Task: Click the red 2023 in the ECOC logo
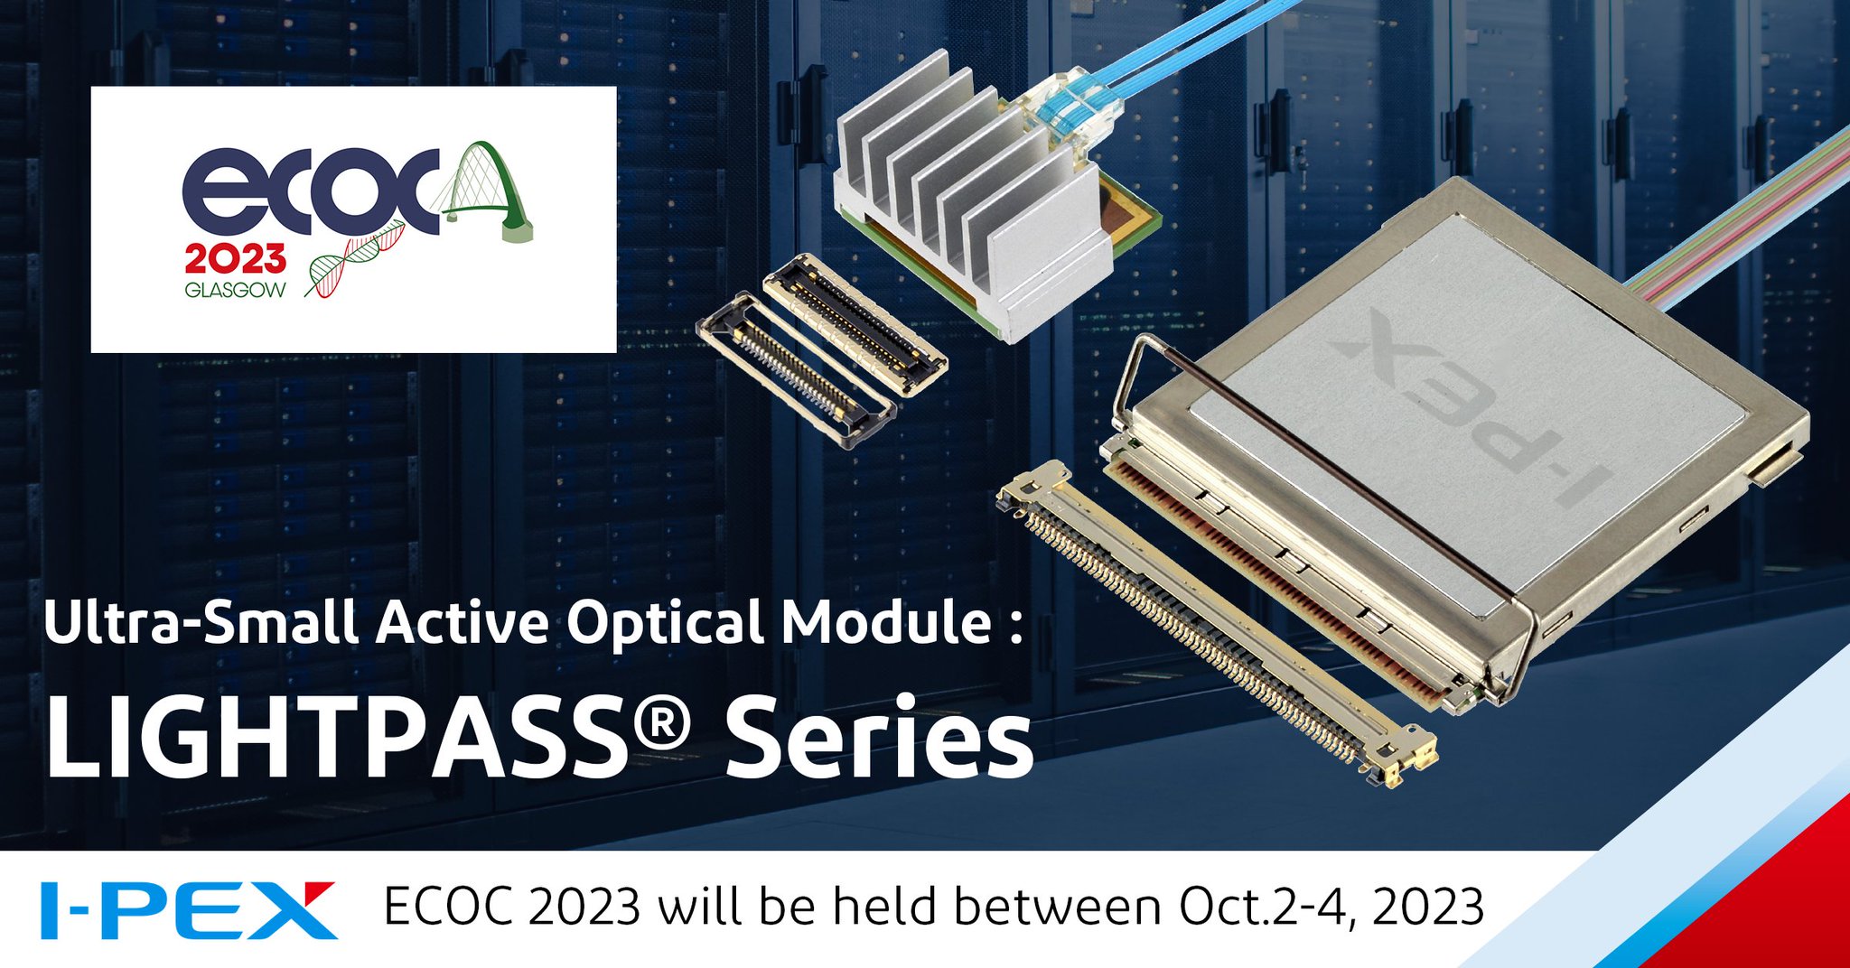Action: coord(235,259)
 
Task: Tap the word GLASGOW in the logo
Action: coord(235,290)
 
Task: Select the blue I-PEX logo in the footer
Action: coord(188,909)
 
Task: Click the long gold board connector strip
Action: coord(1210,623)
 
